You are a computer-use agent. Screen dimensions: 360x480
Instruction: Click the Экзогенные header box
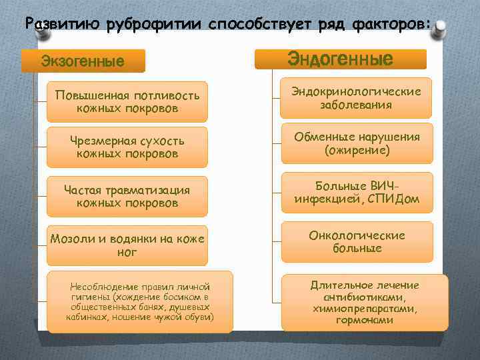tap(83, 62)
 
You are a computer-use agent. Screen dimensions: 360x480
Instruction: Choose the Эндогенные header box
tap(340, 59)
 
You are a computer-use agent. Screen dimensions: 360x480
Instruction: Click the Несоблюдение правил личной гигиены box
tap(140, 301)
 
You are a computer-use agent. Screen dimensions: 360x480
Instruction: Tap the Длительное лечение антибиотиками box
tap(364, 302)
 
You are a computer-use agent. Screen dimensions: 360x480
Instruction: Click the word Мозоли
tap(71, 239)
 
